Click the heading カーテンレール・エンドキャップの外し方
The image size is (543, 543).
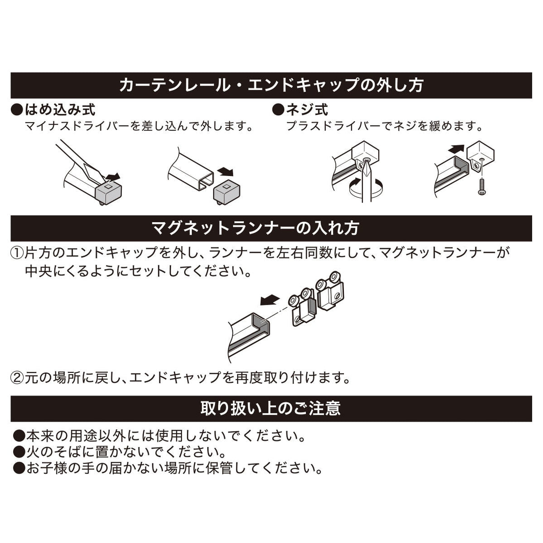point(271,85)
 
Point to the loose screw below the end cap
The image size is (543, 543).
point(481,187)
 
